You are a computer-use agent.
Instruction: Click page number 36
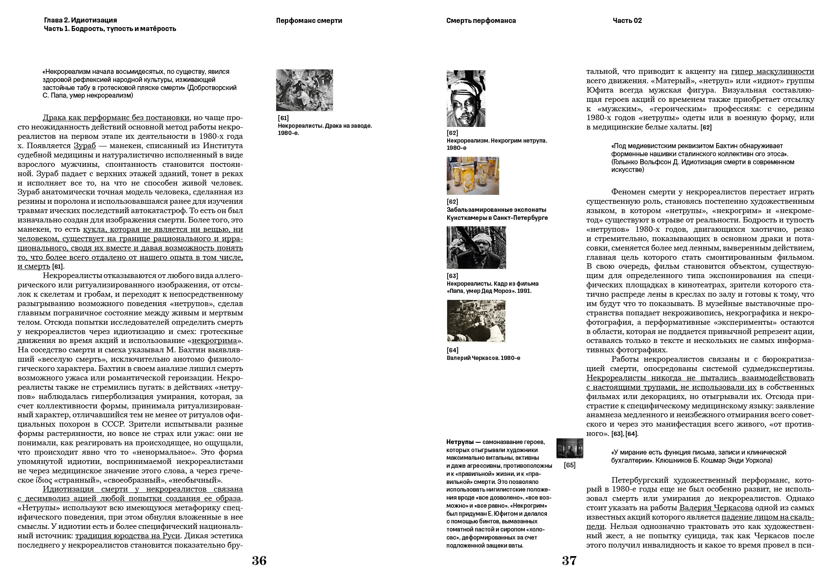[259, 561]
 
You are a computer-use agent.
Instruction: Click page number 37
[569, 561]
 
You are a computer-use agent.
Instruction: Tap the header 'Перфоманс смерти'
[309, 20]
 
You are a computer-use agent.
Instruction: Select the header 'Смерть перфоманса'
[481, 20]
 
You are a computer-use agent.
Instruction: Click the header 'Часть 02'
[627, 20]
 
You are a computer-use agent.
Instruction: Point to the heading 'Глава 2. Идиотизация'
[80, 20]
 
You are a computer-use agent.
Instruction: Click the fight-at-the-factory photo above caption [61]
[304, 90]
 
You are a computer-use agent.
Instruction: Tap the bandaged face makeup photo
[466, 98]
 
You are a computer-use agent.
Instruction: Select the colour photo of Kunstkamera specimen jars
[473, 176]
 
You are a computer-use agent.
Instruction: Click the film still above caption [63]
[476, 247]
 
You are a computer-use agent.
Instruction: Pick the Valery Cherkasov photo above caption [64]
[476, 321]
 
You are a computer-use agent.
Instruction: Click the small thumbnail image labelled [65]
[569, 448]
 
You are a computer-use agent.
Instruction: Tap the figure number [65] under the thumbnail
[569, 465]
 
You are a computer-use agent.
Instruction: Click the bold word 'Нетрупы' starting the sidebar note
[460, 442]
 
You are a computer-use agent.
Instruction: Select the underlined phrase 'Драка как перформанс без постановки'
[116, 118]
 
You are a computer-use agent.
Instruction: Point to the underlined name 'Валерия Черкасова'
[716, 508]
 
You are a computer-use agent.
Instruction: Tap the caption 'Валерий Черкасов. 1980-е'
[483, 358]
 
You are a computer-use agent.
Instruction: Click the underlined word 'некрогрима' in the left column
[214, 340]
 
